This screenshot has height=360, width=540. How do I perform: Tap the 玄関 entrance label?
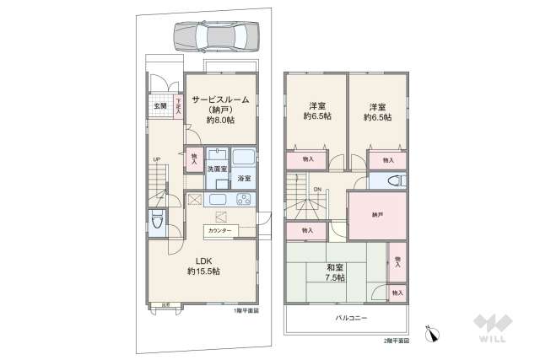pyautogui.click(x=160, y=106)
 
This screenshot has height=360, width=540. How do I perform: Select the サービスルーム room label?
pyautogui.click(x=220, y=99)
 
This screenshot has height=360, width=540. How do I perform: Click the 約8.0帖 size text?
pyautogui.click(x=220, y=121)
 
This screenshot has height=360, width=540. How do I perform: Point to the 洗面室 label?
pyautogui.click(x=217, y=169)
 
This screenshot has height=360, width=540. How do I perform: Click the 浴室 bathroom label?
pyautogui.click(x=244, y=179)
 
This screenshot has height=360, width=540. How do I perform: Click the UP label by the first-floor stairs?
pyautogui.click(x=157, y=159)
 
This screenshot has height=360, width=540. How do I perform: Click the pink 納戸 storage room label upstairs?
pyautogui.click(x=377, y=215)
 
